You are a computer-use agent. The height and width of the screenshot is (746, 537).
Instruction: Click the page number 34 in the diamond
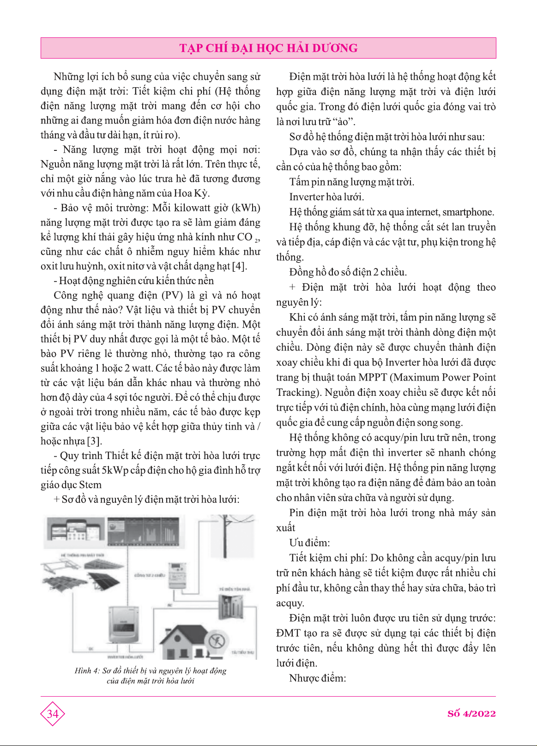53,714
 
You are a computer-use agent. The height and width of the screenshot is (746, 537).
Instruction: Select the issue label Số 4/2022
471,714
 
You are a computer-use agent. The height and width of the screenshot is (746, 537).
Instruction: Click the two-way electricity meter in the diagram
178,575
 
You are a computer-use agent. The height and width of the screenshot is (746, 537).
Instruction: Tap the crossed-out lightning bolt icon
216,641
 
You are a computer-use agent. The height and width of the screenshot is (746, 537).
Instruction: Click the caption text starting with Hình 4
151,675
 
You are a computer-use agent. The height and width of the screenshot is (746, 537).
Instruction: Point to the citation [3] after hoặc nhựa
94,441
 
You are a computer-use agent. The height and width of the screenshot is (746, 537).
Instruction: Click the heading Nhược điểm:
317,678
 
